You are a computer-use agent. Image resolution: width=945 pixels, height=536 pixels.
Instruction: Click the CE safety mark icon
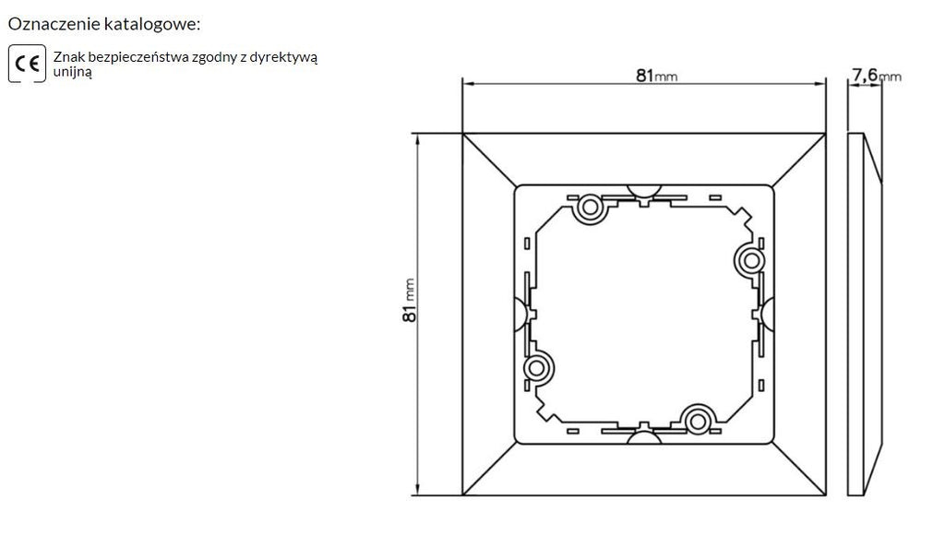click(x=27, y=64)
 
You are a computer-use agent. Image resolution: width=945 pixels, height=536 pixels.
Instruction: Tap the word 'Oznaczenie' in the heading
click(x=54, y=24)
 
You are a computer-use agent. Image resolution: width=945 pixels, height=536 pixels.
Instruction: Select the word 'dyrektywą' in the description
click(x=283, y=58)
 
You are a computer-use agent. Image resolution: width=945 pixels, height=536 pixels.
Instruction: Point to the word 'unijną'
click(x=72, y=72)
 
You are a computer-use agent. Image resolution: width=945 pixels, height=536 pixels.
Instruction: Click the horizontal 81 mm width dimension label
click(x=656, y=76)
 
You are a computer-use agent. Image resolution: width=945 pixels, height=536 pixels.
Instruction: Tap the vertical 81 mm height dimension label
click(x=409, y=300)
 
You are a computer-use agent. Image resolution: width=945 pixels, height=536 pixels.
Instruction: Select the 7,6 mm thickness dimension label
click(x=877, y=76)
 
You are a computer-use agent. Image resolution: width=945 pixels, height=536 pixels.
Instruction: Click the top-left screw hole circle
click(x=590, y=208)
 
